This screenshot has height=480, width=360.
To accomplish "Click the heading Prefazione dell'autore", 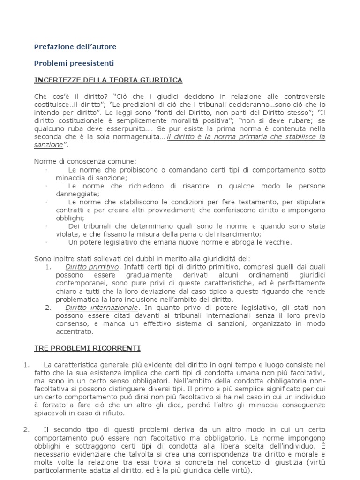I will [75, 47].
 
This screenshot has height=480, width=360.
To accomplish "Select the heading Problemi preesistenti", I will [75, 63].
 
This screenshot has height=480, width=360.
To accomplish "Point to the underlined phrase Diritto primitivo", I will [91, 267].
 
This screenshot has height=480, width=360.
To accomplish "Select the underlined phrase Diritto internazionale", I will [102, 307].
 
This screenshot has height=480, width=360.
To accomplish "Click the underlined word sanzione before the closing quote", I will [48, 145].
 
